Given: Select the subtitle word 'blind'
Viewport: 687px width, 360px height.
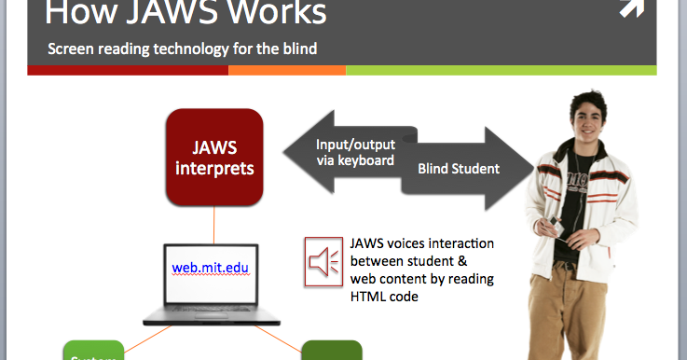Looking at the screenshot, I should (x=297, y=47).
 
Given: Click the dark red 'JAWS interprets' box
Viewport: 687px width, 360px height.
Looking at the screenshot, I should (x=213, y=157).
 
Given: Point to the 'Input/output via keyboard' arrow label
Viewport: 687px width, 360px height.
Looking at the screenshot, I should (x=354, y=152).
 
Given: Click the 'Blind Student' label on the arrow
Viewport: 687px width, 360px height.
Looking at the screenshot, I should (x=458, y=169).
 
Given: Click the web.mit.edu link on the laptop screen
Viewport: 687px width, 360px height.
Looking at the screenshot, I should (x=211, y=268).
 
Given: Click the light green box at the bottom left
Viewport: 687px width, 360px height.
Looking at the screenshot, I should (x=93, y=352).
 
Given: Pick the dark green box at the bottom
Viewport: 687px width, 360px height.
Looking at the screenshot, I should (x=331, y=352).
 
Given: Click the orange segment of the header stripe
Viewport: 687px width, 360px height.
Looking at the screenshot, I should (x=287, y=70).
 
